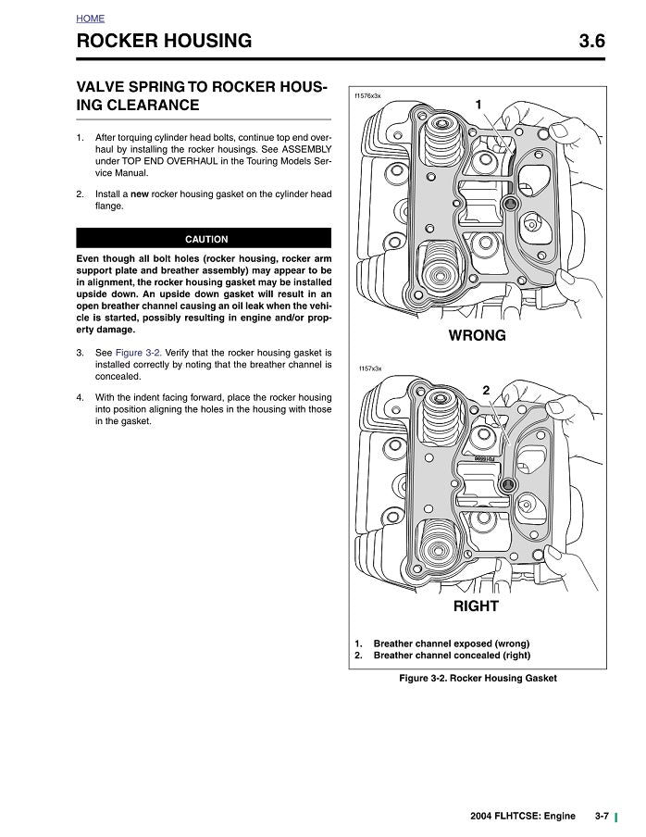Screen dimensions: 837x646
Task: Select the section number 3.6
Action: coord(590,41)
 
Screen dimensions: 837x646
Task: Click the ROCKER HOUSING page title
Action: coord(164,41)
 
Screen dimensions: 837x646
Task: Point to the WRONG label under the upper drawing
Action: coord(477,335)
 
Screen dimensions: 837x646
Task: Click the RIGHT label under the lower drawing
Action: coord(476,606)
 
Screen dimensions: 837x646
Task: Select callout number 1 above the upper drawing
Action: coord(478,105)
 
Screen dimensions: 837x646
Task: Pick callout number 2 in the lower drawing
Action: coord(486,390)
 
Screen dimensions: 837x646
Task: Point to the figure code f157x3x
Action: coord(369,369)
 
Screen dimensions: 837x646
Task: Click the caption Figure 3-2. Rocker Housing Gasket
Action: coord(478,679)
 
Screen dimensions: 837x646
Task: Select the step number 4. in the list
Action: coord(81,397)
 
